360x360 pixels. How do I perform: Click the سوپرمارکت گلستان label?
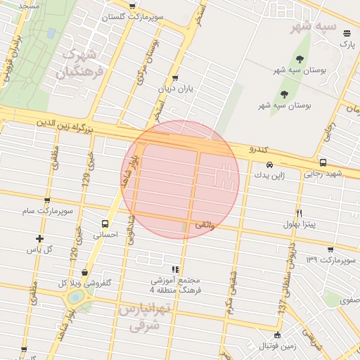coord(134,16)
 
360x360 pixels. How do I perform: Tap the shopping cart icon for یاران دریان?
coord(174,78)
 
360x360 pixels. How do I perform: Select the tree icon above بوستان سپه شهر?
coord(300,60)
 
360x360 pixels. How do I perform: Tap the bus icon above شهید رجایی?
coord(323,162)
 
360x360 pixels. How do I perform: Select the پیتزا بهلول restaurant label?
coord(300,224)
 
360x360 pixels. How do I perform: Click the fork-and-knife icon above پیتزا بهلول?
coord(300,213)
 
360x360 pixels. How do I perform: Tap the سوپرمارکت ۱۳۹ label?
coord(330,260)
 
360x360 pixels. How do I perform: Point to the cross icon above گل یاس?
coord(39,238)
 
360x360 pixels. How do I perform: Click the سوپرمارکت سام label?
coord(47,211)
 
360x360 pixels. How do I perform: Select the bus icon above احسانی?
coord(105,224)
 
